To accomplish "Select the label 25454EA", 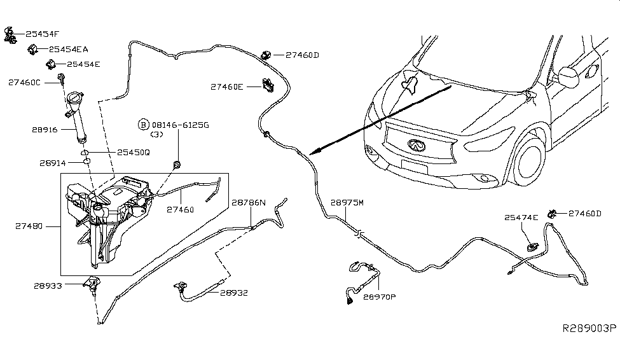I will [x=69, y=49].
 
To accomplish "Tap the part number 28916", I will [x=45, y=130].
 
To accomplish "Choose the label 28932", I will [x=234, y=293].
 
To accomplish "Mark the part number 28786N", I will [x=249, y=203].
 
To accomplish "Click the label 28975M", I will [x=348, y=204].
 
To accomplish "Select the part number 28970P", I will [x=380, y=296].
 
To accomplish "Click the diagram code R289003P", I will [x=589, y=329].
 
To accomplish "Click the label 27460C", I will [x=24, y=82].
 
